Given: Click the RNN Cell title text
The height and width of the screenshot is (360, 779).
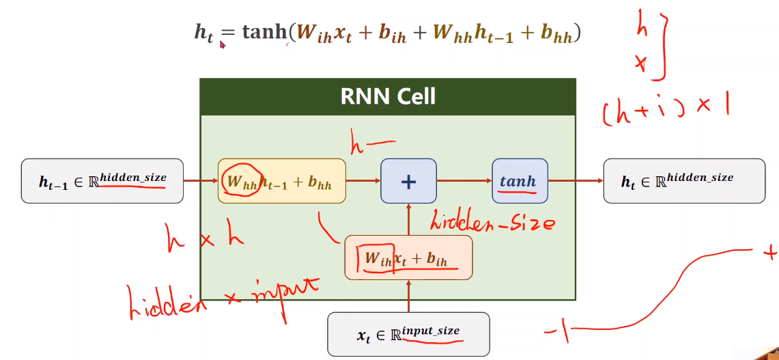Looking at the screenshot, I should [x=388, y=96].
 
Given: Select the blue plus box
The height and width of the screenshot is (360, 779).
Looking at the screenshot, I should [x=408, y=181].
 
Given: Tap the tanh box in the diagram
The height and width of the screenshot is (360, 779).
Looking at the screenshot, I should [x=519, y=181].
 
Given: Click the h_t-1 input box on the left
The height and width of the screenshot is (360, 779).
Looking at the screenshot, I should [x=102, y=181].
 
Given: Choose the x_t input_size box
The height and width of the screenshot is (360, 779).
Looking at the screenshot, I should [x=408, y=334].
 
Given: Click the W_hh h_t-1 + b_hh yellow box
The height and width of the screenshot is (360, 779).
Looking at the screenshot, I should [x=281, y=181].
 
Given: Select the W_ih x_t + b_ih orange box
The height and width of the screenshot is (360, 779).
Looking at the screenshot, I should [x=408, y=258].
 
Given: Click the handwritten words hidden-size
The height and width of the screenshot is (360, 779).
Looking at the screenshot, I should [x=492, y=221].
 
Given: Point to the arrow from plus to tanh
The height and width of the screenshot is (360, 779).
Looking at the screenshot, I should [x=464, y=181].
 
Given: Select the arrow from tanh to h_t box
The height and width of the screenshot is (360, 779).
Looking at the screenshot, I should [x=575, y=181].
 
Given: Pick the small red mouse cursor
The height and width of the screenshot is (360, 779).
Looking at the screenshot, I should [x=223, y=44].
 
